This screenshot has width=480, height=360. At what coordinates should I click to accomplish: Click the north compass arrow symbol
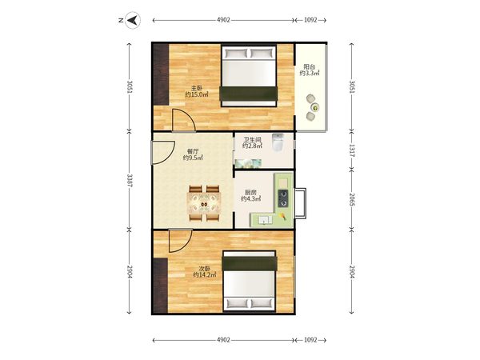pos(133,20)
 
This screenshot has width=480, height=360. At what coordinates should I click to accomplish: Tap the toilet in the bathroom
pos(278,142)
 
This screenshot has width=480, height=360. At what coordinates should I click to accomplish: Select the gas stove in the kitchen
pos(283,198)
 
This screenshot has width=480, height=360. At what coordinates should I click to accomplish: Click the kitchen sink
pos(265,220)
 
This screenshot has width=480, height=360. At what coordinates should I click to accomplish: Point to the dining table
pos(204,203)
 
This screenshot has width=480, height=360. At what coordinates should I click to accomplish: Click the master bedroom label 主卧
pos(197,88)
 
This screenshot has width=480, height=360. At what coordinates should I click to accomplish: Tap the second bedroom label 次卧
pos(205,269)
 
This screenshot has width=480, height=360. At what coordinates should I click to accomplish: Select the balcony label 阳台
pos(309,66)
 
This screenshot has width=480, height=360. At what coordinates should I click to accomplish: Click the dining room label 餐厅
pos(193,151)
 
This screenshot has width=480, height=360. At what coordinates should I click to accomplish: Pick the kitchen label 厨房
pos(250,192)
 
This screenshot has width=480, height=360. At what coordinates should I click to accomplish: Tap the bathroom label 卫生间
pos(252,139)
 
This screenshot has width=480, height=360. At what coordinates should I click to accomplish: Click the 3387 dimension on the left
pos(130,180)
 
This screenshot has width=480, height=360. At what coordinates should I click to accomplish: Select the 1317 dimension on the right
pos(352,150)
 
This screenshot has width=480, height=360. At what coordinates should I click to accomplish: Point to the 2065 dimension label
pos(352,199)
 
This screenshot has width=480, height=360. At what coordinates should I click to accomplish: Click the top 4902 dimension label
pos(223,20)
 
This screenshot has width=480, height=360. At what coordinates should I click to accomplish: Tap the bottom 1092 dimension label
pos(310,340)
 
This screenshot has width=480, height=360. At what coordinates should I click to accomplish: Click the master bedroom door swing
pos(184,120)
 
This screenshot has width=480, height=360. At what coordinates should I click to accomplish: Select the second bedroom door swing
pos(180,241)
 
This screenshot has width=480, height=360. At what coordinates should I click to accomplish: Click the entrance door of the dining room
pos(163,153)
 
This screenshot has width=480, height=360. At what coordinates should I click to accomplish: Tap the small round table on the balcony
pos(314,107)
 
